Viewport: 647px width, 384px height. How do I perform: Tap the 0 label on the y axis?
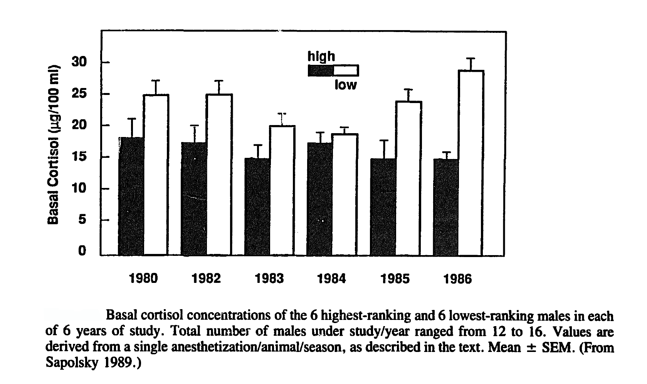82,251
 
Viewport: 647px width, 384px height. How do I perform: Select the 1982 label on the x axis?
206,279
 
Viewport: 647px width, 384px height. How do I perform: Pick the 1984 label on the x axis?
331,279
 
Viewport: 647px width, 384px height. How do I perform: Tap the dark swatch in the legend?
321,71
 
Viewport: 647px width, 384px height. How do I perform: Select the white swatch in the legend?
346,71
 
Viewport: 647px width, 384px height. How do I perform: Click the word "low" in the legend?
345,85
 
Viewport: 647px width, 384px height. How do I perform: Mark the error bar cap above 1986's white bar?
471,58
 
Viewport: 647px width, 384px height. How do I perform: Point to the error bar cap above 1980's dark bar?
132,118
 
